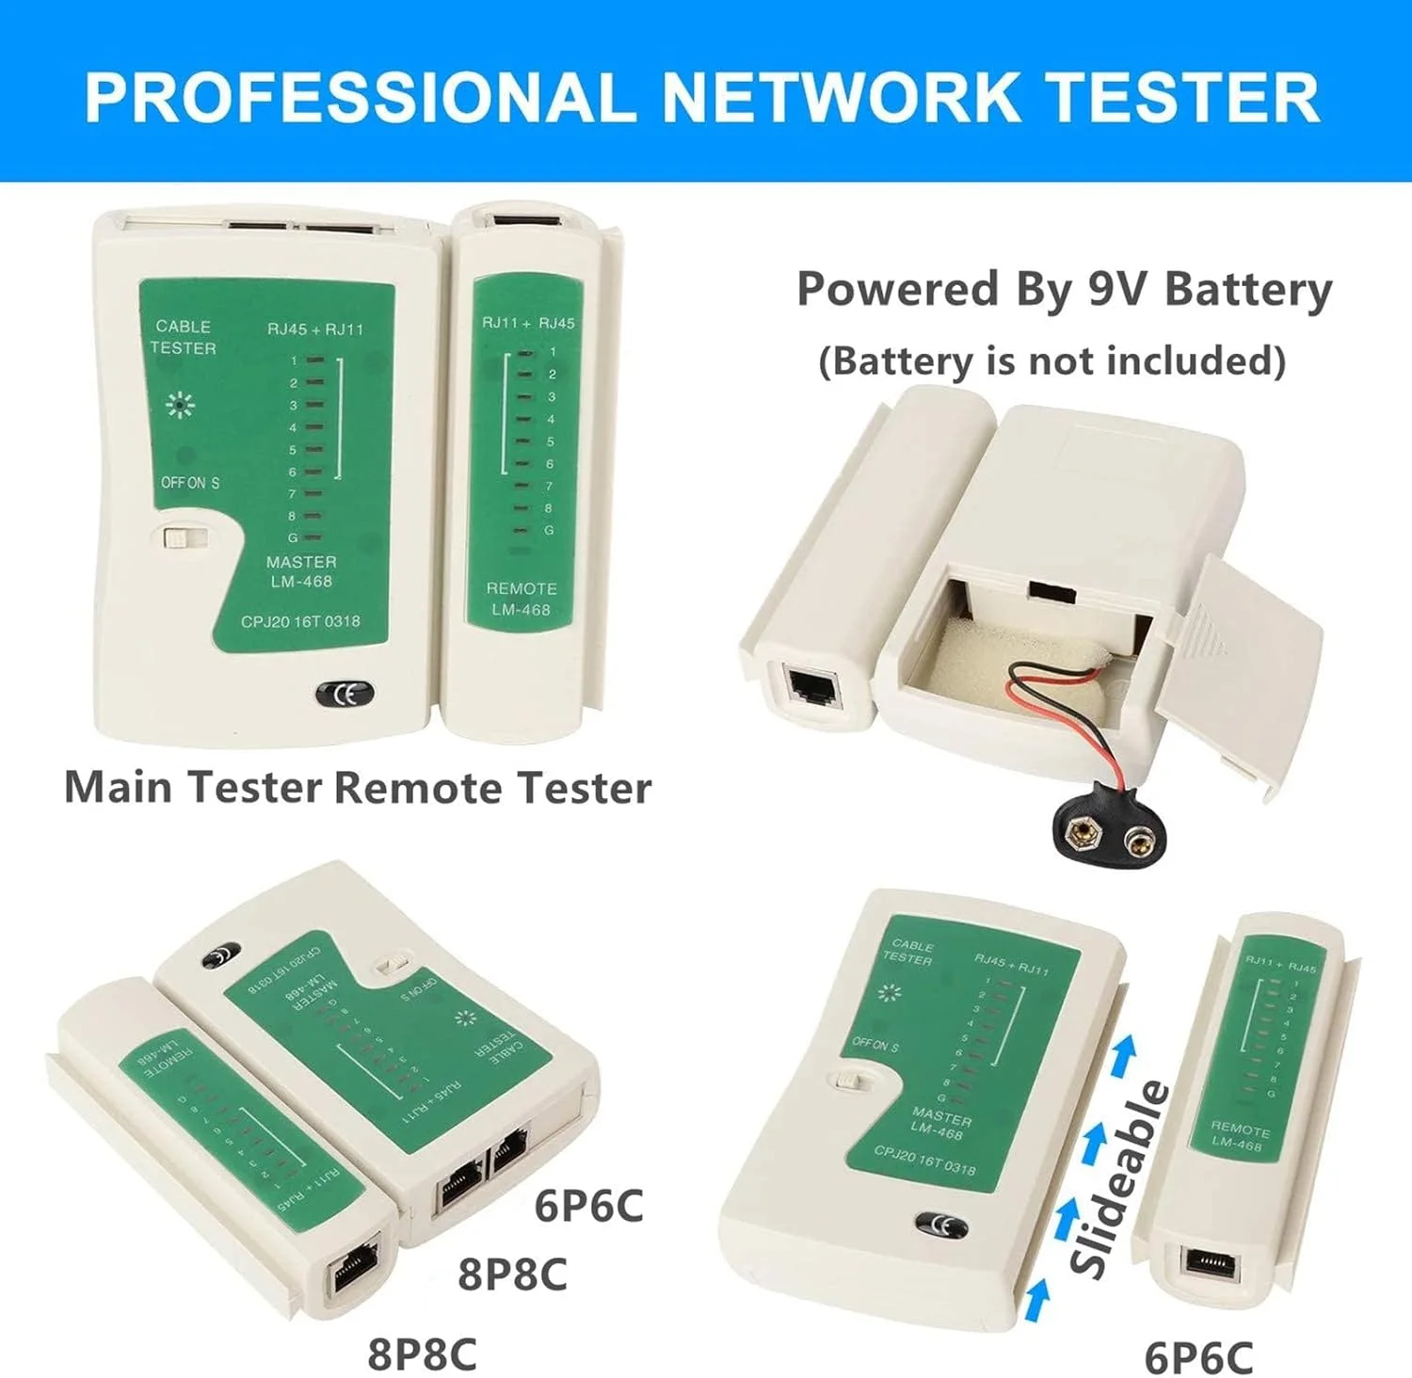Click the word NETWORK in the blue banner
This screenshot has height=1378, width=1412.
(840, 97)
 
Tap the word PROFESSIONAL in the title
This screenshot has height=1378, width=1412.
(359, 97)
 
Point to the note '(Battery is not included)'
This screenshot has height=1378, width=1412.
(1051, 361)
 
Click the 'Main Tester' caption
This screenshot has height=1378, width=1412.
(193, 787)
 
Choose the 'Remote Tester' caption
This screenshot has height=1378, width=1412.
(492, 787)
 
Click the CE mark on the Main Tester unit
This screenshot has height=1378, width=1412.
(344, 694)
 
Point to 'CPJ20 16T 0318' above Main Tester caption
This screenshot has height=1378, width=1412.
(300, 621)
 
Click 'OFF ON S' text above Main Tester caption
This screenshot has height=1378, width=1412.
(189, 483)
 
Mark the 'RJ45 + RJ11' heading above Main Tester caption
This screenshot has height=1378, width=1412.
(314, 329)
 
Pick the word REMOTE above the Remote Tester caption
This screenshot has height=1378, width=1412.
(521, 588)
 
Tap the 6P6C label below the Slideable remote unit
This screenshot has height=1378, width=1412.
(1197, 1357)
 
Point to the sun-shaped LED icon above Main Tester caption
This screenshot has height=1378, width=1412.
(179, 405)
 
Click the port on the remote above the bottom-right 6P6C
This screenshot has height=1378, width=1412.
(1211, 1262)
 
